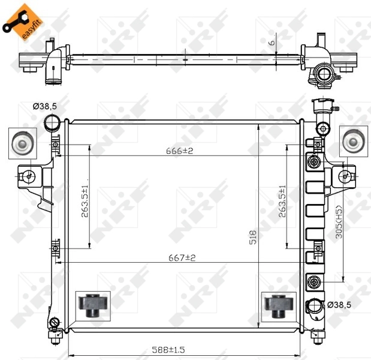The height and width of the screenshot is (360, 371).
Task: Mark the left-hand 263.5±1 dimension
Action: pyautogui.click(x=85, y=198)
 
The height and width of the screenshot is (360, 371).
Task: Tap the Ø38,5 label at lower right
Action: pyautogui.click(x=339, y=305)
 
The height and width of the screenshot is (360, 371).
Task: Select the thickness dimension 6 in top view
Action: pyautogui.click(x=270, y=43)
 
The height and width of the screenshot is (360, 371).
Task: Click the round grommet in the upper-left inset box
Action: pyautogui.click(x=22, y=143)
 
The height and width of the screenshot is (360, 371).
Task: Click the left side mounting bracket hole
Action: pyautogui.click(x=28, y=176)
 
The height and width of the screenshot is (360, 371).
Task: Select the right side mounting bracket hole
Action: pyautogui.click(x=344, y=176)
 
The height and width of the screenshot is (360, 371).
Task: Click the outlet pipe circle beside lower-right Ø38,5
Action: pyautogui.click(x=314, y=307)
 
